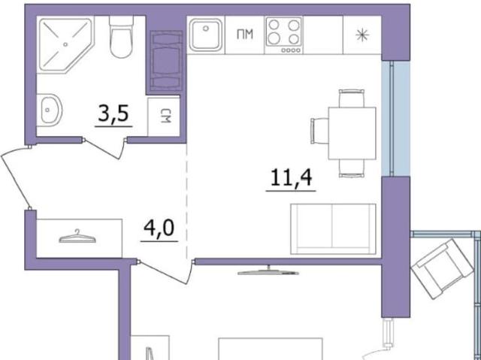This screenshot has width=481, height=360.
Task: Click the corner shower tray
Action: tap(65, 45)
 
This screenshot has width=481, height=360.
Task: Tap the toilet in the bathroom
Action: tap(122, 37)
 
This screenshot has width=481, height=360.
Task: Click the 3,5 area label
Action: tap(113, 113)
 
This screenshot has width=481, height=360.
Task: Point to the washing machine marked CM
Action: tap(164, 116)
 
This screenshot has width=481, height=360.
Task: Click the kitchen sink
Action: tap(205, 35)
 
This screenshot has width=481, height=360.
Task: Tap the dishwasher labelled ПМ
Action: tap(245, 35)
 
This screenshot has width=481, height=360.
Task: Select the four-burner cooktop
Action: tap(284, 35)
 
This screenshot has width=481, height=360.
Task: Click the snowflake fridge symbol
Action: tap(362, 35)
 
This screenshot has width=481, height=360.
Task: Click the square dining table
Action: tap(352, 133)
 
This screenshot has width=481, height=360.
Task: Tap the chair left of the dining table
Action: tap(319, 131)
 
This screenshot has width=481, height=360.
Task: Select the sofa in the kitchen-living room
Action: tap(333, 229)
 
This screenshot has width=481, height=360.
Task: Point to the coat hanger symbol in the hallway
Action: tap(77, 237)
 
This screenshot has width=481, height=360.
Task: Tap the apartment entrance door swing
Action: tap(14, 178)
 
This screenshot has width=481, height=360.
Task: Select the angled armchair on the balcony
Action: tap(442, 269)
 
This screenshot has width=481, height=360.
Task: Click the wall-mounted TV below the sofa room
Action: tap(268, 271)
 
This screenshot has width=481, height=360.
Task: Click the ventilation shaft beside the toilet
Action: tap(166, 62)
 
